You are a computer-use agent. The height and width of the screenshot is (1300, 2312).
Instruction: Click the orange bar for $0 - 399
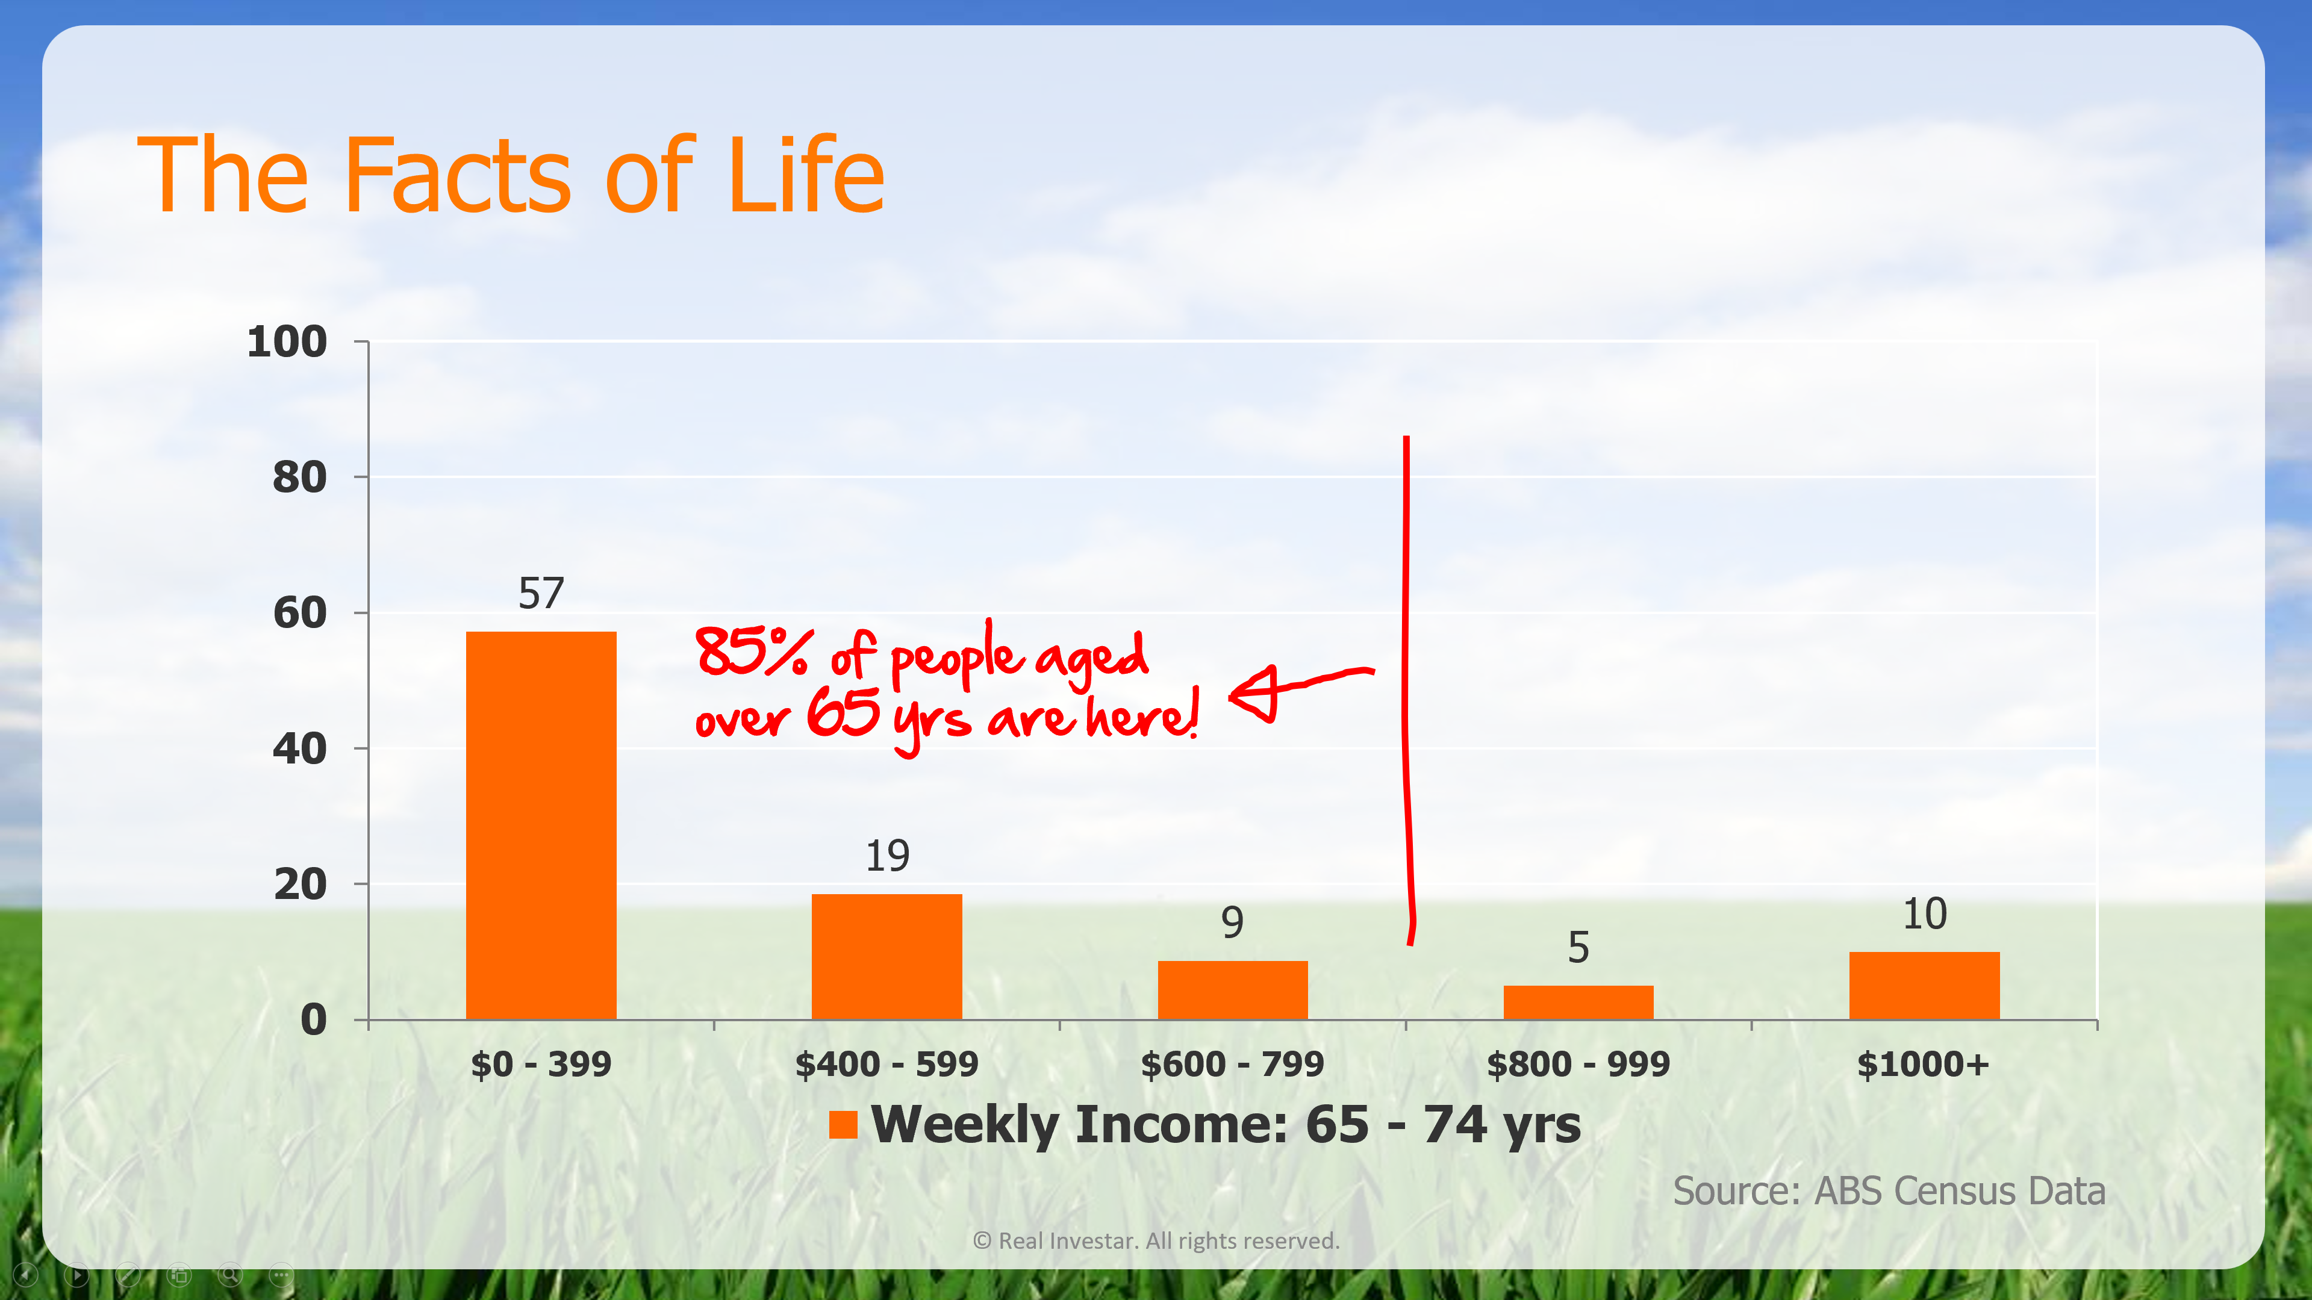pos(541,826)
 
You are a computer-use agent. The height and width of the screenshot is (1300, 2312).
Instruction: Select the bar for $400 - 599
pos(886,956)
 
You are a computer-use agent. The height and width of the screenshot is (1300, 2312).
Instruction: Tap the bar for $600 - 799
pos(1232,991)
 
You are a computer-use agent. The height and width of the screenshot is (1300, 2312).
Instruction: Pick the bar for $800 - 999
pos(1578,1003)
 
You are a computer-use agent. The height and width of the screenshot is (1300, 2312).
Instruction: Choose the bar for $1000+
pos(1924,986)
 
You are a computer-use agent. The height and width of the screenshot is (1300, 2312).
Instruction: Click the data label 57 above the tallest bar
pos(541,594)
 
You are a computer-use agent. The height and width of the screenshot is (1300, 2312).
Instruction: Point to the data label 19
pos(886,856)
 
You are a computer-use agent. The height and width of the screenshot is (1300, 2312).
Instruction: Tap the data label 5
pos(1578,947)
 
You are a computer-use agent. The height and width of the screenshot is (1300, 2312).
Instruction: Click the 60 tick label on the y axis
pos(300,613)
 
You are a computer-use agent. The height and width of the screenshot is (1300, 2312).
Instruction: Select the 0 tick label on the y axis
pos(313,1020)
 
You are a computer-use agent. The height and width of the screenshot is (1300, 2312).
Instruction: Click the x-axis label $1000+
pos(1924,1064)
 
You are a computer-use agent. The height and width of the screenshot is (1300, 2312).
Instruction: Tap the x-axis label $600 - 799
pos(1232,1064)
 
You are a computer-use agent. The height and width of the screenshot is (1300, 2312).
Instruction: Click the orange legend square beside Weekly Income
pos(843,1124)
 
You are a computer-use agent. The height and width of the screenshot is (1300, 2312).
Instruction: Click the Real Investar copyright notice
pos(1156,1241)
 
